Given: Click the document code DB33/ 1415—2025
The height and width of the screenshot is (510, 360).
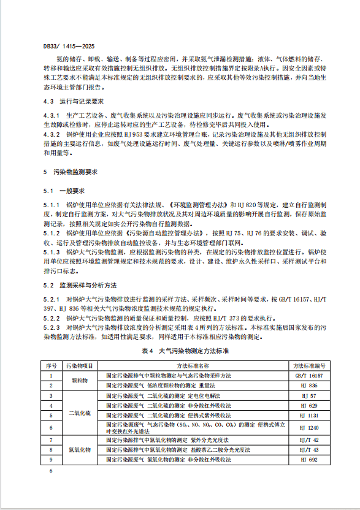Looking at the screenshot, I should (69, 45).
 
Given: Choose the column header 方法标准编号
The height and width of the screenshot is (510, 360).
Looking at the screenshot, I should (308, 365).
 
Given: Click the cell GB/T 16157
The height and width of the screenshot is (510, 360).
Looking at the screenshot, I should (308, 375).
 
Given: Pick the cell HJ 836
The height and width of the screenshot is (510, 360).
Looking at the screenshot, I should (308, 385).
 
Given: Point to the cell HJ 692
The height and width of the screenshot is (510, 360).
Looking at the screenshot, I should (308, 459).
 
